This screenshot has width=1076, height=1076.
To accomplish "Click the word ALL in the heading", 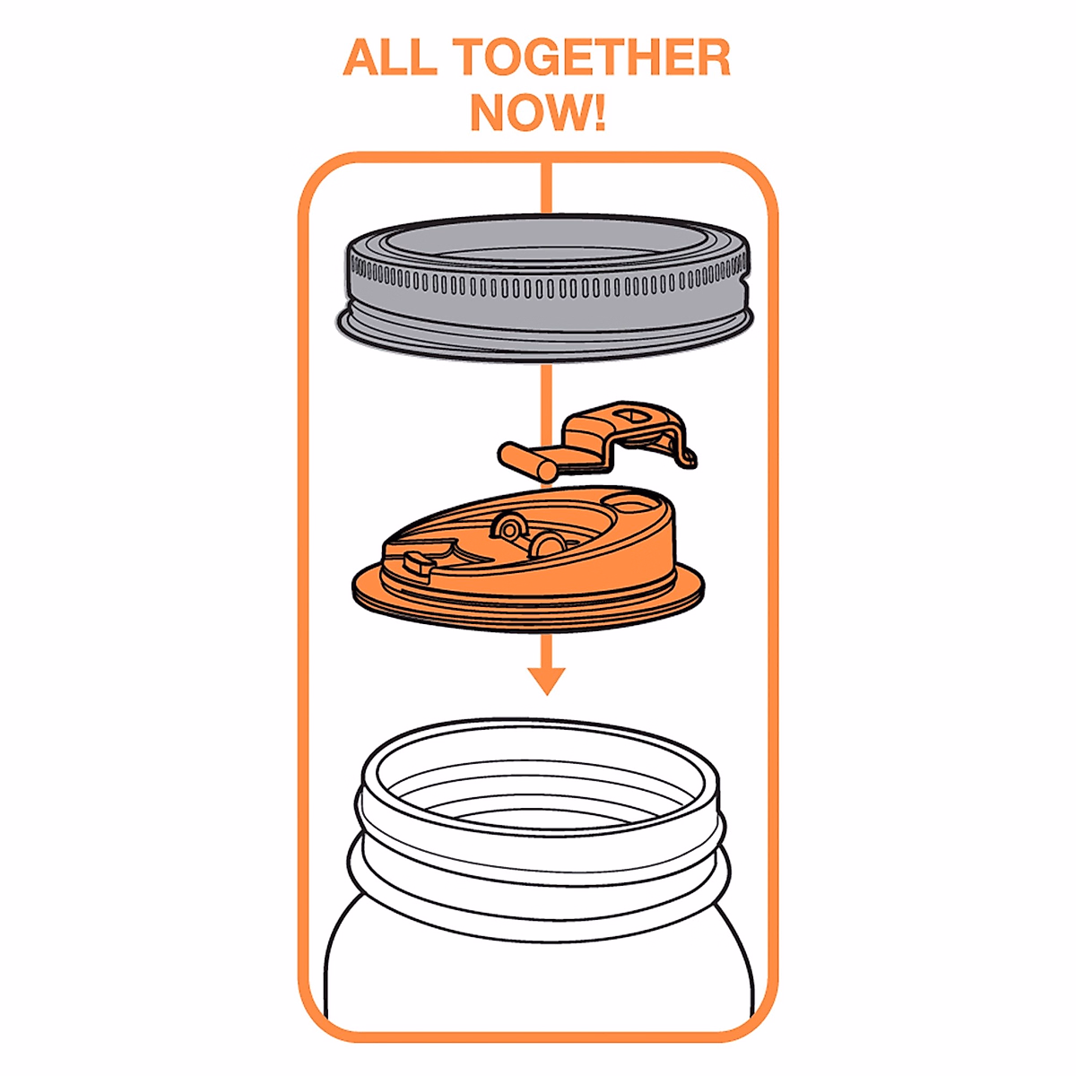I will point(389,59).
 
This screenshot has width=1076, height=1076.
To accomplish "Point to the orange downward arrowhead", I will point(545,680).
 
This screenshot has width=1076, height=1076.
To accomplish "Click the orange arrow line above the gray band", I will point(545,188).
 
